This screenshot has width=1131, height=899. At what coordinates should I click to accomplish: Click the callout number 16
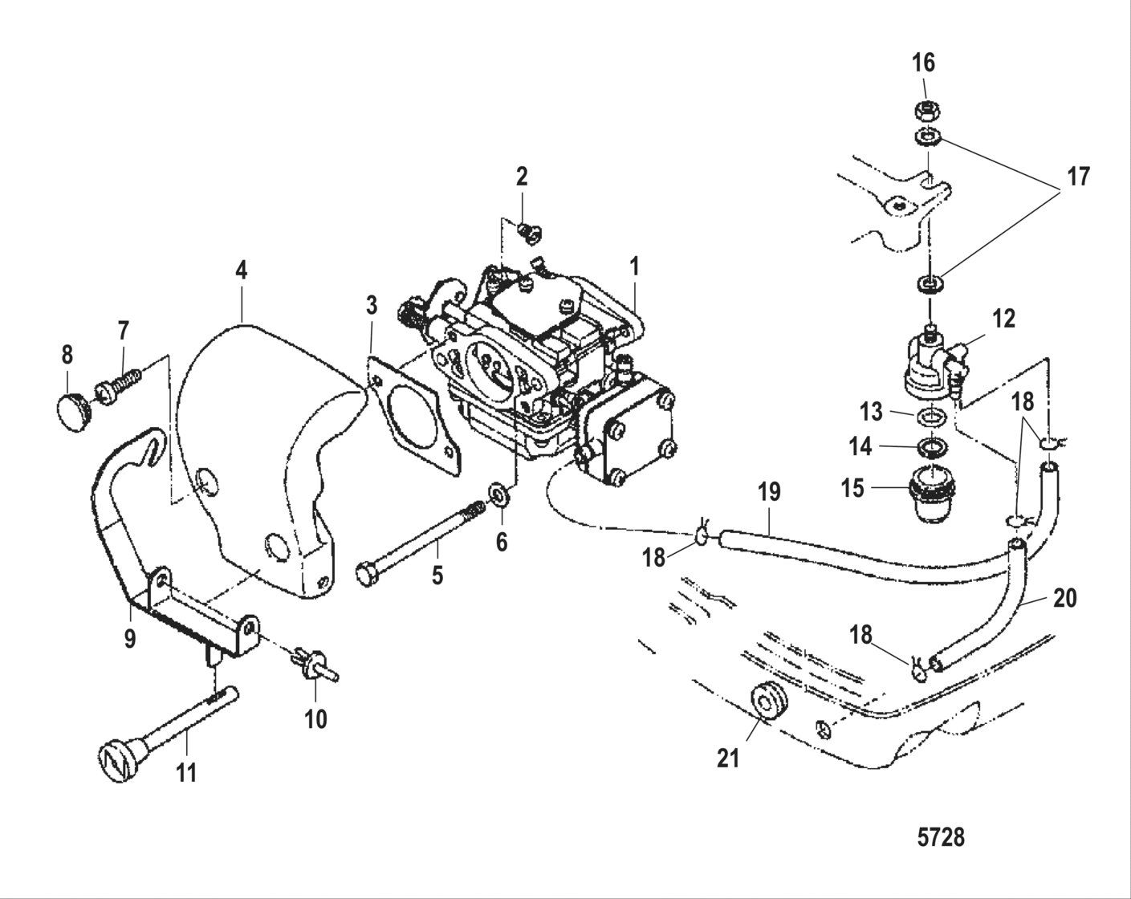click(923, 63)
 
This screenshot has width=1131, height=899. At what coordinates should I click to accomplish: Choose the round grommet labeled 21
click(769, 700)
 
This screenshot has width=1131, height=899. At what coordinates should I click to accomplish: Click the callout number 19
click(769, 492)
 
